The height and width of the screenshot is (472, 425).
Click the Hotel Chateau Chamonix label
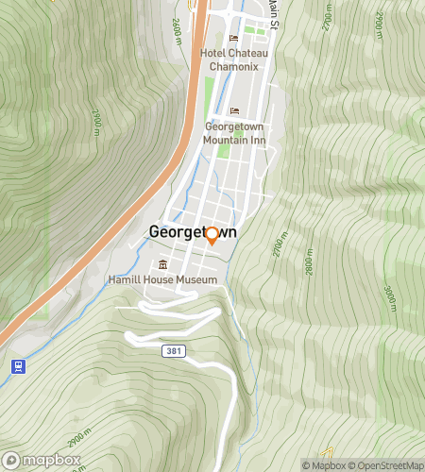pyautogui.click(x=235, y=60)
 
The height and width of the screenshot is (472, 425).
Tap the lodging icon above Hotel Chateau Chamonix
pyautogui.click(x=234, y=38)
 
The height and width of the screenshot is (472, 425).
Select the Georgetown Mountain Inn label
pyautogui.click(x=234, y=133)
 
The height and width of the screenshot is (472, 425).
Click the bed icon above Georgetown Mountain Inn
pyautogui.click(x=234, y=110)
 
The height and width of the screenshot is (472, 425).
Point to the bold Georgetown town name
pyautogui.click(x=193, y=233)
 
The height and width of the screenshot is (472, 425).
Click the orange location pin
pyautogui.click(x=212, y=235)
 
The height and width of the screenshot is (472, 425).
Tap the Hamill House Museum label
pyautogui.click(x=163, y=280)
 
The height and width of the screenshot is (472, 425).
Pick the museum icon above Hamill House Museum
pyautogui.click(x=163, y=264)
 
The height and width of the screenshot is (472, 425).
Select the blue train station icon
pyautogui.click(x=16, y=365)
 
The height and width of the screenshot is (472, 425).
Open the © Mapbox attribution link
pyautogui.click(x=325, y=465)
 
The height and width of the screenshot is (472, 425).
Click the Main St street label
pyautogui.click(x=273, y=11)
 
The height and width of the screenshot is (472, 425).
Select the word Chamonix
pyautogui.click(x=235, y=67)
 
